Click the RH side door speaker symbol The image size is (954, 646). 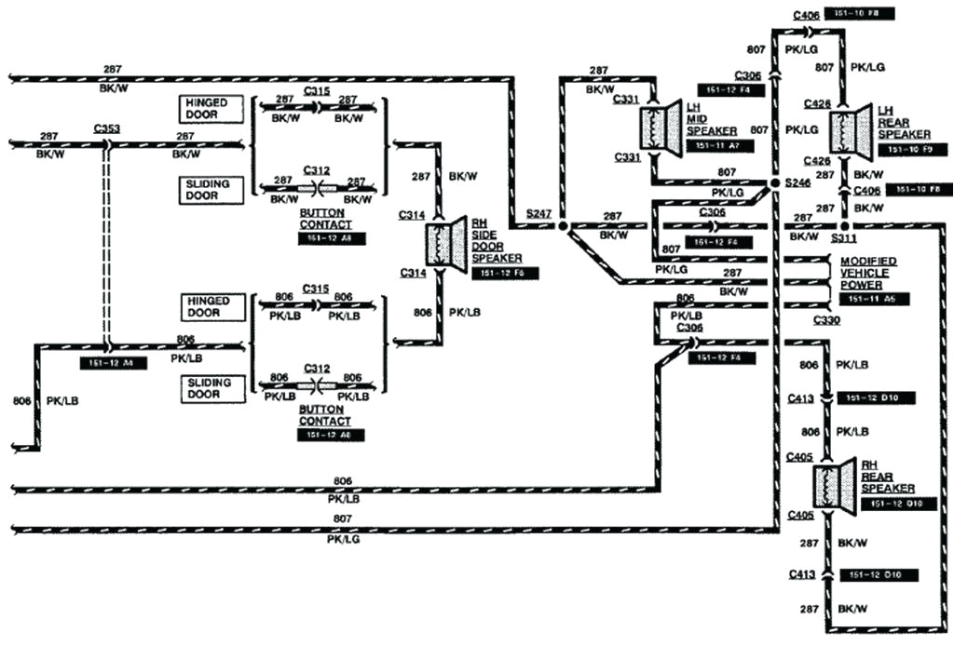coord(446,243)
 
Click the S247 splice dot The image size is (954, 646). coord(563,225)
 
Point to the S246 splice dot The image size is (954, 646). coord(774,184)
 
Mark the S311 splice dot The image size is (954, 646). coord(844,225)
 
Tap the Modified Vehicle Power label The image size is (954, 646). coord(868,274)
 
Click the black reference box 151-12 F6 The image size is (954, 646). coord(504,273)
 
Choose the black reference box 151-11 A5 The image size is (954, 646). coord(873,299)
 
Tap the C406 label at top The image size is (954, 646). coord(807,14)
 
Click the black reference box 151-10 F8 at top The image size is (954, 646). coord(874,14)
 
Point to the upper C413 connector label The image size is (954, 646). coord(799,398)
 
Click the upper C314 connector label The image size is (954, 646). coord(412,215)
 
